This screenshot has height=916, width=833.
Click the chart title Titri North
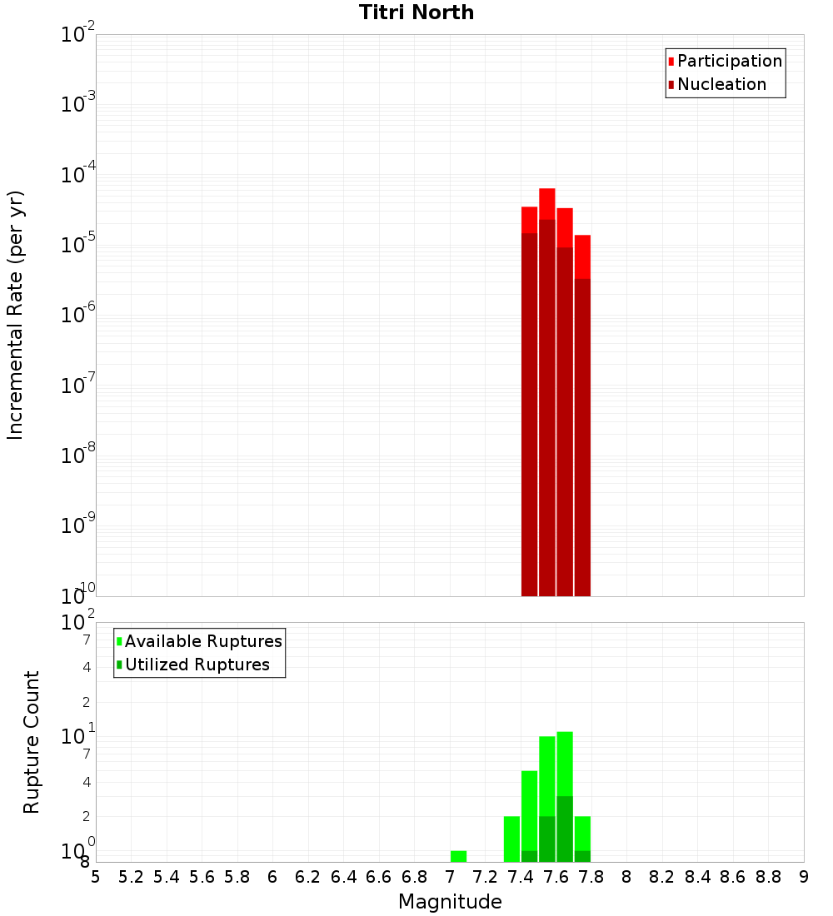pos(416,12)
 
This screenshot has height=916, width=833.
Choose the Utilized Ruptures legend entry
pos(197,665)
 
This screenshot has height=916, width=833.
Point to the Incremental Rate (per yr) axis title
pos(15,315)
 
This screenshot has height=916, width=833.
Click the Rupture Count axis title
pos(32,742)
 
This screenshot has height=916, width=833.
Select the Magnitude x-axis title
pos(450,902)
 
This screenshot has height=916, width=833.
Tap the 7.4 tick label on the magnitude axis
pos(521,877)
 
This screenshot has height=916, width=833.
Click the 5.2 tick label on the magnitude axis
pos(131,877)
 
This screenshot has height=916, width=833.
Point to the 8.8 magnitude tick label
pos(768,877)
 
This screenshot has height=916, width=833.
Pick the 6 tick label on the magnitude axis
pos(272,877)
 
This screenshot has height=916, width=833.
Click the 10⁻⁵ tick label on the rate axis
pos(78,245)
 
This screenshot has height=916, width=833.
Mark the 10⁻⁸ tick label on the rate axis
pos(78,456)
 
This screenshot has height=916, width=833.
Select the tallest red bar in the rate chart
pos(546,391)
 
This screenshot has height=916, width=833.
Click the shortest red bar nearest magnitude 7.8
pos(582,416)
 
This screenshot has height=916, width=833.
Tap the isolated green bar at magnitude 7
pos(458,856)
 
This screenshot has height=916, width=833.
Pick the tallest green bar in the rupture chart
pos(565,795)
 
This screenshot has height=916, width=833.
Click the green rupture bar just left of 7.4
pos(511,839)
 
